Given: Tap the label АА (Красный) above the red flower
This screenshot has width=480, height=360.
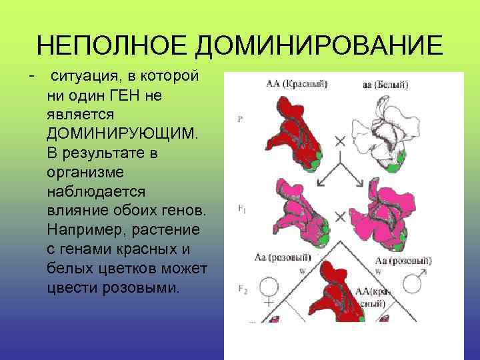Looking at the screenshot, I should [x=297, y=84].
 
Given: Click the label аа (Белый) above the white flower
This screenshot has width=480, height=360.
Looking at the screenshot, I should [x=385, y=85].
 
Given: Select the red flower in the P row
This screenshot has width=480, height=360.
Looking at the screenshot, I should [x=289, y=133].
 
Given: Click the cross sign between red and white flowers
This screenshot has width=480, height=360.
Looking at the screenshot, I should [x=340, y=141].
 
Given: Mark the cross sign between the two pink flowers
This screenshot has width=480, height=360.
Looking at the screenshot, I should [x=339, y=217].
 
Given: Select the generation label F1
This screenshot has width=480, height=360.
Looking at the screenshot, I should [x=241, y=209].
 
